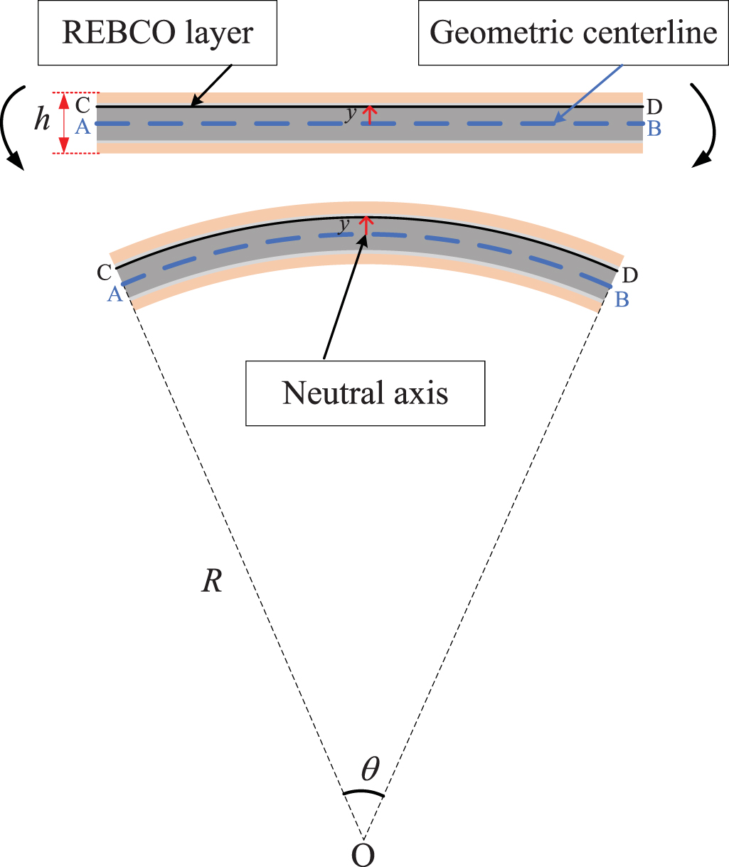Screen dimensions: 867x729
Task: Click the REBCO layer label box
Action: coord(158,33)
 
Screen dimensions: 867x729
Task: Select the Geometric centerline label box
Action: coord(574,33)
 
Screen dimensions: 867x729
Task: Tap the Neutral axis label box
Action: coord(365,393)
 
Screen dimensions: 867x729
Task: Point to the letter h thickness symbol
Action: coord(43,120)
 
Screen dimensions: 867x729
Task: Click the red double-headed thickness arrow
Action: coord(64,123)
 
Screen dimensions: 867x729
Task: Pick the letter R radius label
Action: coord(212,583)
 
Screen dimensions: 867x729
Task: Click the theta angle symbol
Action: coord(370,769)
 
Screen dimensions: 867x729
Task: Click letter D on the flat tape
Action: coord(655,107)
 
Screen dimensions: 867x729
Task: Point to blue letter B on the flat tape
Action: coord(655,129)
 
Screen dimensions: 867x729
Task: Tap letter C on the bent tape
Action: coord(103,272)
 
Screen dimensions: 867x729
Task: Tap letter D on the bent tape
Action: coord(629,275)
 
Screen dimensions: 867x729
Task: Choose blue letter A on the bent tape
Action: coord(115,294)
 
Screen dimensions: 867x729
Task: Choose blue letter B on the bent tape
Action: coord(622,299)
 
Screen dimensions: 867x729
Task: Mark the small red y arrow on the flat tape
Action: coord(369,115)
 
